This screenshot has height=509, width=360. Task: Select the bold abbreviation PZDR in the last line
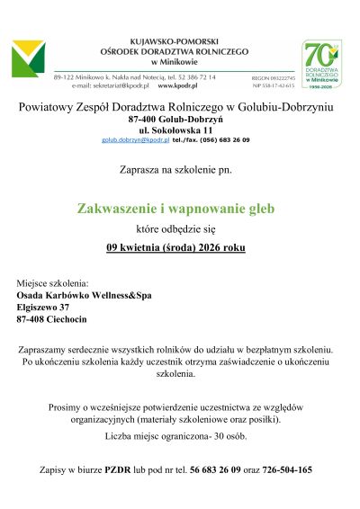pyautogui.click(x=121, y=469)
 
